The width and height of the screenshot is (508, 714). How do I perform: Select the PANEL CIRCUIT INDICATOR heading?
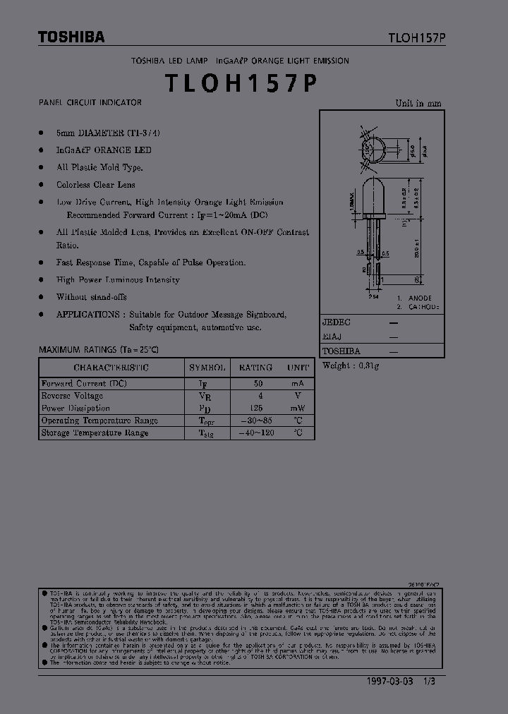tap(90, 103)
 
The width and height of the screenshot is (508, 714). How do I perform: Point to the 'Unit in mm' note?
tap(418, 103)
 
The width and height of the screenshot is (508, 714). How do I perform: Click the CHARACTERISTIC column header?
tap(111, 368)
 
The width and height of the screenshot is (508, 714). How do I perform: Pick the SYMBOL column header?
tap(207, 368)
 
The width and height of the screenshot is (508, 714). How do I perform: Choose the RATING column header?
tap(255, 368)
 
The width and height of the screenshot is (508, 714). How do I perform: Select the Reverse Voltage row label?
tap(72, 396)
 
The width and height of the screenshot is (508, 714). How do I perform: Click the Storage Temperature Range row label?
tap(95, 432)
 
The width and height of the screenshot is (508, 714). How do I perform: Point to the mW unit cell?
tap(298, 408)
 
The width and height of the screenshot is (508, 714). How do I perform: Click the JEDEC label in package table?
tap(337, 322)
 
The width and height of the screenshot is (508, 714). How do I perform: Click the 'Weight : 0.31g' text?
tap(351, 365)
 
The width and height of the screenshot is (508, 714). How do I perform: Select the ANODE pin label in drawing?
tap(419, 298)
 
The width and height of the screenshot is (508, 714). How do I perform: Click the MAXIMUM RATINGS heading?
tap(98, 349)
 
